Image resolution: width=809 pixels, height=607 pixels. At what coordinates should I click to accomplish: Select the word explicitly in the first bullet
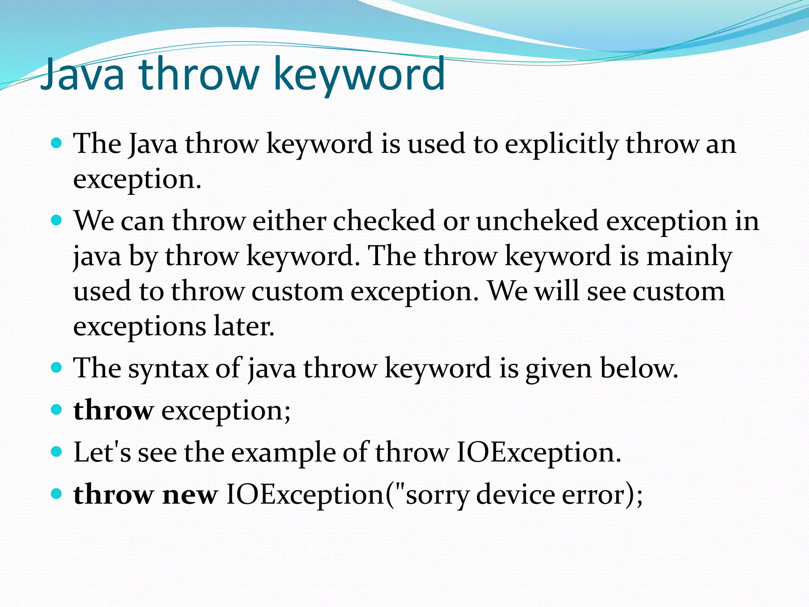click(x=561, y=144)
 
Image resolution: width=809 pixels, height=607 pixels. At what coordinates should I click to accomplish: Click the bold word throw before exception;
click(x=113, y=411)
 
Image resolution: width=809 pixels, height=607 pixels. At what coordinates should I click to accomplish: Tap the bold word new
click(x=190, y=495)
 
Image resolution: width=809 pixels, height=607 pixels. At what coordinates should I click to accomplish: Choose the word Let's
click(x=102, y=452)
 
